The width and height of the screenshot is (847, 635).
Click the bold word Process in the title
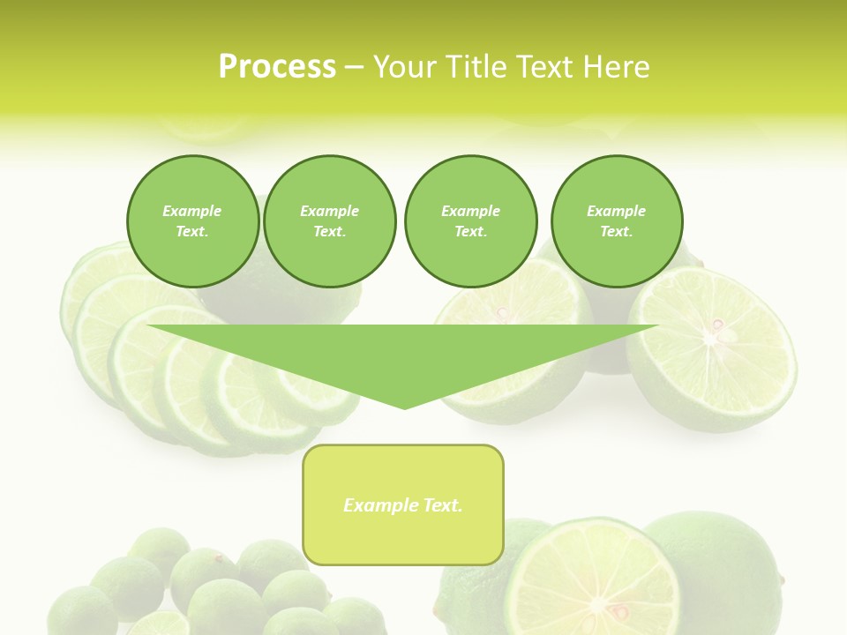point(277,67)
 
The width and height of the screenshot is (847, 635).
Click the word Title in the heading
point(474,67)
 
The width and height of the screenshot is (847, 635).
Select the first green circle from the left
point(193,221)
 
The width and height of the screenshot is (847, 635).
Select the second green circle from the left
point(330,221)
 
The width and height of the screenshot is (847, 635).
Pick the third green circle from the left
point(471,221)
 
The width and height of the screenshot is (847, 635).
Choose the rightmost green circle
point(617,221)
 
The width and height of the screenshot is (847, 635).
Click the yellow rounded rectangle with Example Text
point(403,504)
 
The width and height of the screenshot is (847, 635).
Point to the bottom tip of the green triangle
point(405,407)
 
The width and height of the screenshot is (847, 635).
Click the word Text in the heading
point(544,67)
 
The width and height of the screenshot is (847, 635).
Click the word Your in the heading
point(403,67)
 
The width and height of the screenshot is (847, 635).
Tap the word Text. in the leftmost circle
point(192,232)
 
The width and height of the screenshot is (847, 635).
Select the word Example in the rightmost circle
point(616,211)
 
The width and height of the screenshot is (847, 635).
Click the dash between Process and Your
point(354,68)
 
